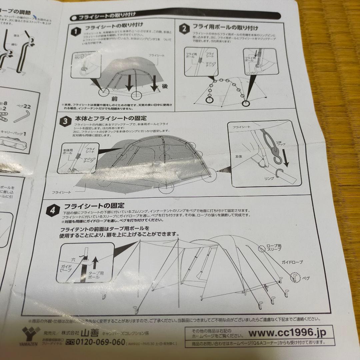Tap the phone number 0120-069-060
tap(96, 342)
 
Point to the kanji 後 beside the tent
tap(164, 86)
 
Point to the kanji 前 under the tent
tap(114, 99)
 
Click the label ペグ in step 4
tap(306, 277)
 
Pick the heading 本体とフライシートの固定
tap(111, 118)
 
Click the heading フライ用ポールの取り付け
tap(225, 28)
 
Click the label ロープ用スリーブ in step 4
tap(274, 247)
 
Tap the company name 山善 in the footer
tap(90, 333)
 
